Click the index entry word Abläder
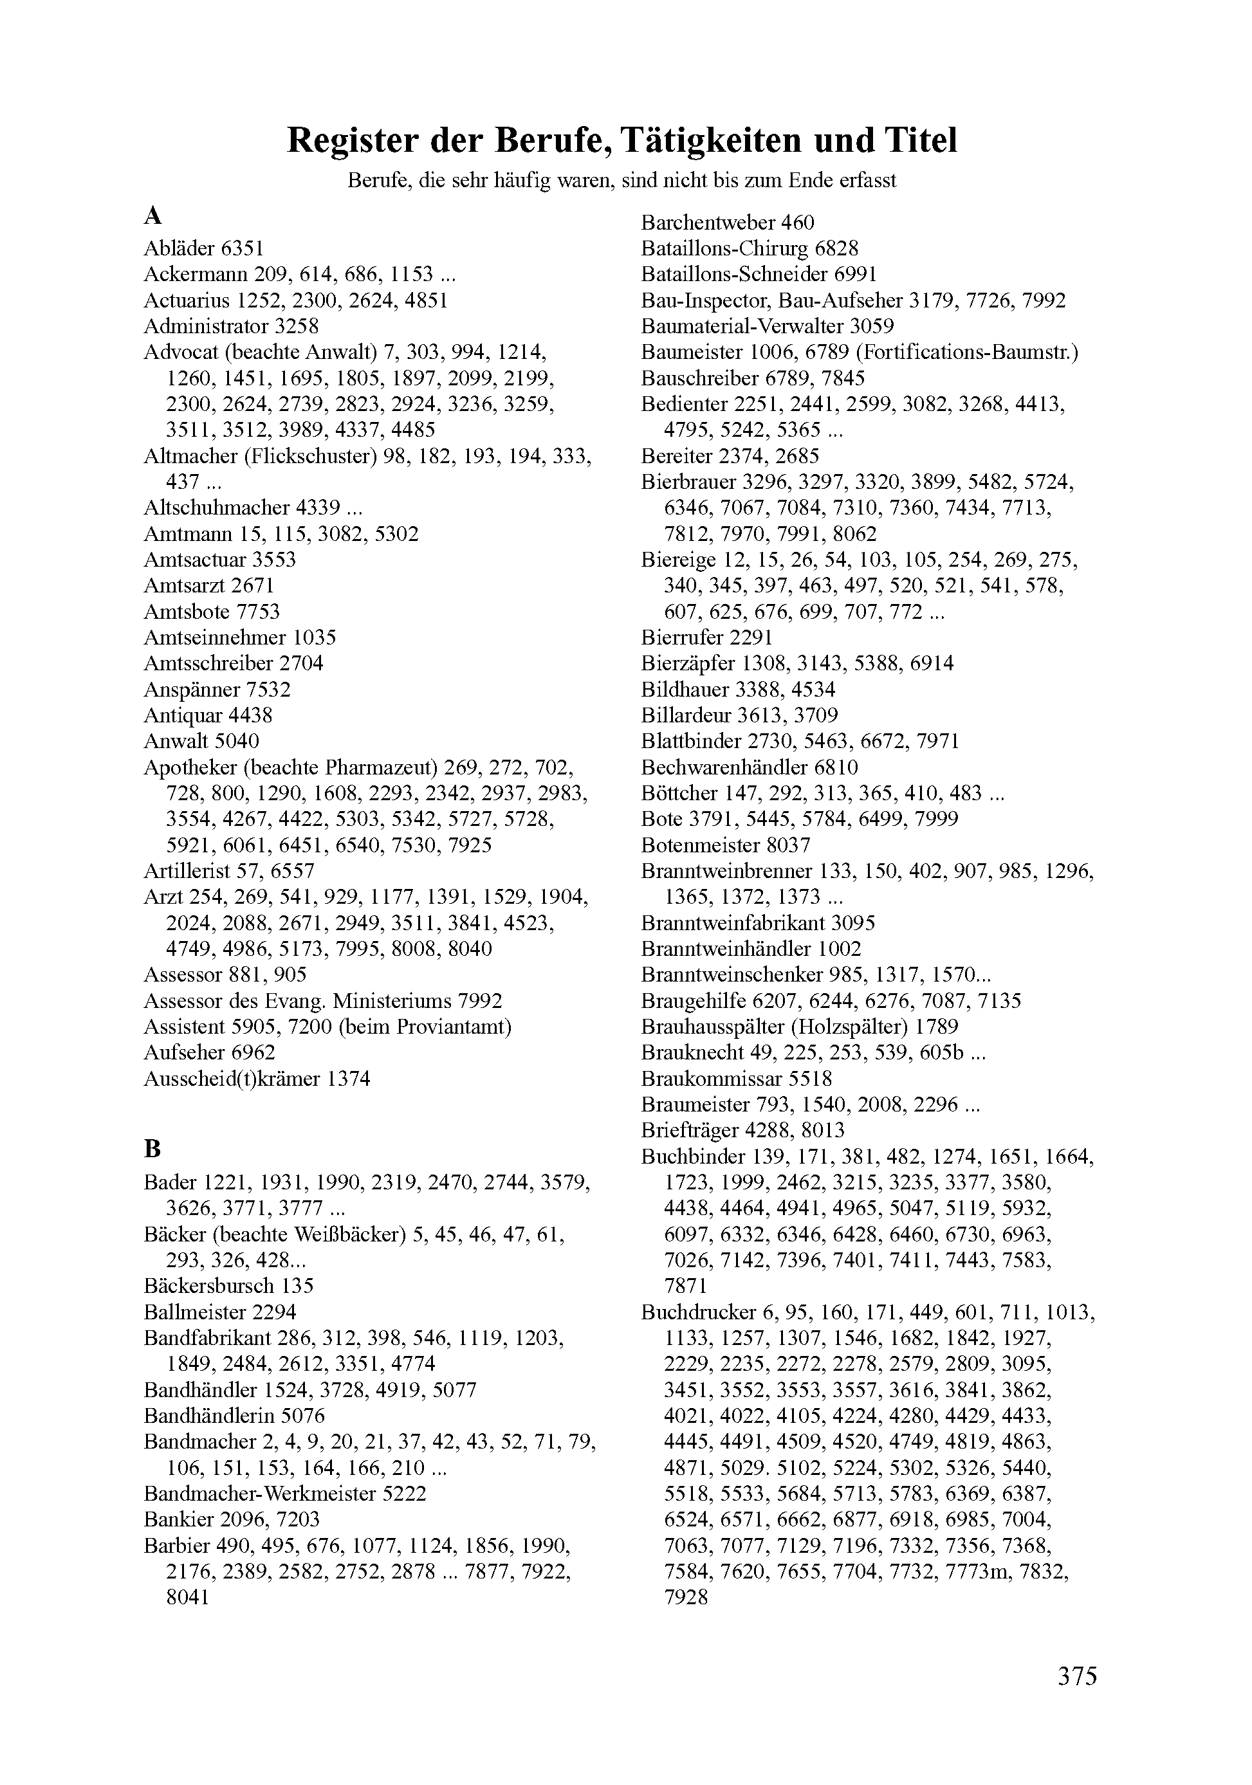pos(180,249)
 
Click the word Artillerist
pos(185,871)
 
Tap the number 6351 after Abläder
pos(243,249)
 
